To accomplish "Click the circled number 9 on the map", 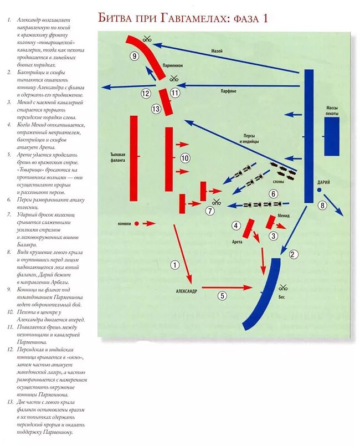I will (134, 56).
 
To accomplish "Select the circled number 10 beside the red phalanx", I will (185, 158).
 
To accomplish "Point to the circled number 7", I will (210, 211).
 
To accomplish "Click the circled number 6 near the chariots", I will (273, 194).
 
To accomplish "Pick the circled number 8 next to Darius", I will (323, 207).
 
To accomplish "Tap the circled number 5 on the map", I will (222, 296).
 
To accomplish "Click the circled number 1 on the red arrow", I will (175, 265).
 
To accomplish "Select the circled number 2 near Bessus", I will (294, 254).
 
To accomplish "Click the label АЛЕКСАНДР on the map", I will (186, 291).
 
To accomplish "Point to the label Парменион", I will (173, 65).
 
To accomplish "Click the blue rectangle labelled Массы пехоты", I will (332, 136).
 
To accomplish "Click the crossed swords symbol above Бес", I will (282, 287).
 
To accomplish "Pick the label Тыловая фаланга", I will (118, 157).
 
